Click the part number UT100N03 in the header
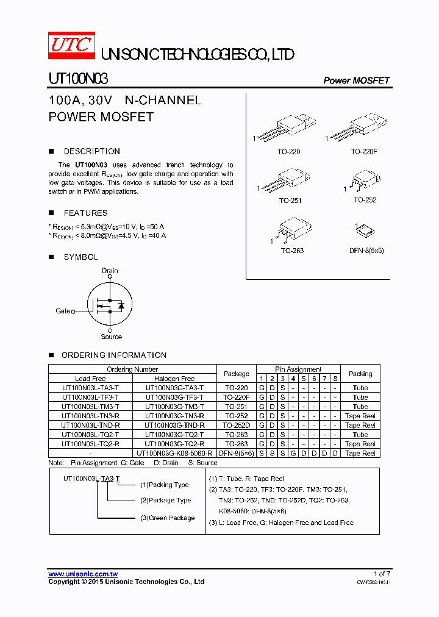(78, 80)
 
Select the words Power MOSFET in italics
(356, 80)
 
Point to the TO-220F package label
(364, 152)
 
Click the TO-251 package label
(290, 201)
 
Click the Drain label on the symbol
(110, 271)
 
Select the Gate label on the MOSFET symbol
(63, 311)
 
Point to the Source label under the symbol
(111, 337)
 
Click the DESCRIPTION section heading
(92, 151)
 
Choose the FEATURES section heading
(85, 213)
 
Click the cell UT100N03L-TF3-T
(90, 398)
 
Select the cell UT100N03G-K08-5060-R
(174, 454)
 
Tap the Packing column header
(360, 374)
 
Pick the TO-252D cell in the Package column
(236, 426)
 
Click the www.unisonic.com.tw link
(83, 574)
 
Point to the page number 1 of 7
(382, 574)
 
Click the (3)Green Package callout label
(168, 518)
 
